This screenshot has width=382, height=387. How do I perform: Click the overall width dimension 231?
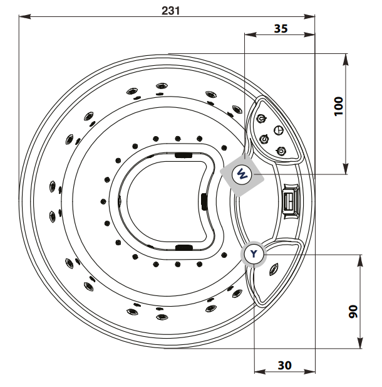point(170,11)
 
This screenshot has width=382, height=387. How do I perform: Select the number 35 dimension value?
point(281,29)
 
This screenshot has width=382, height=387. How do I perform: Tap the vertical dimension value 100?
point(339,107)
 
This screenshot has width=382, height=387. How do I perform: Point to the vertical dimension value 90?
point(353,312)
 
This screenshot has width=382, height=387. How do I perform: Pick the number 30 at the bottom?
point(285,365)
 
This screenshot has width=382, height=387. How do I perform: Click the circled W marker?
point(242,175)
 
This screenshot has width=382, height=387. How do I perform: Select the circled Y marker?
point(254,254)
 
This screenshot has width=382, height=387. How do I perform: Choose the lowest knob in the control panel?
point(281,151)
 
